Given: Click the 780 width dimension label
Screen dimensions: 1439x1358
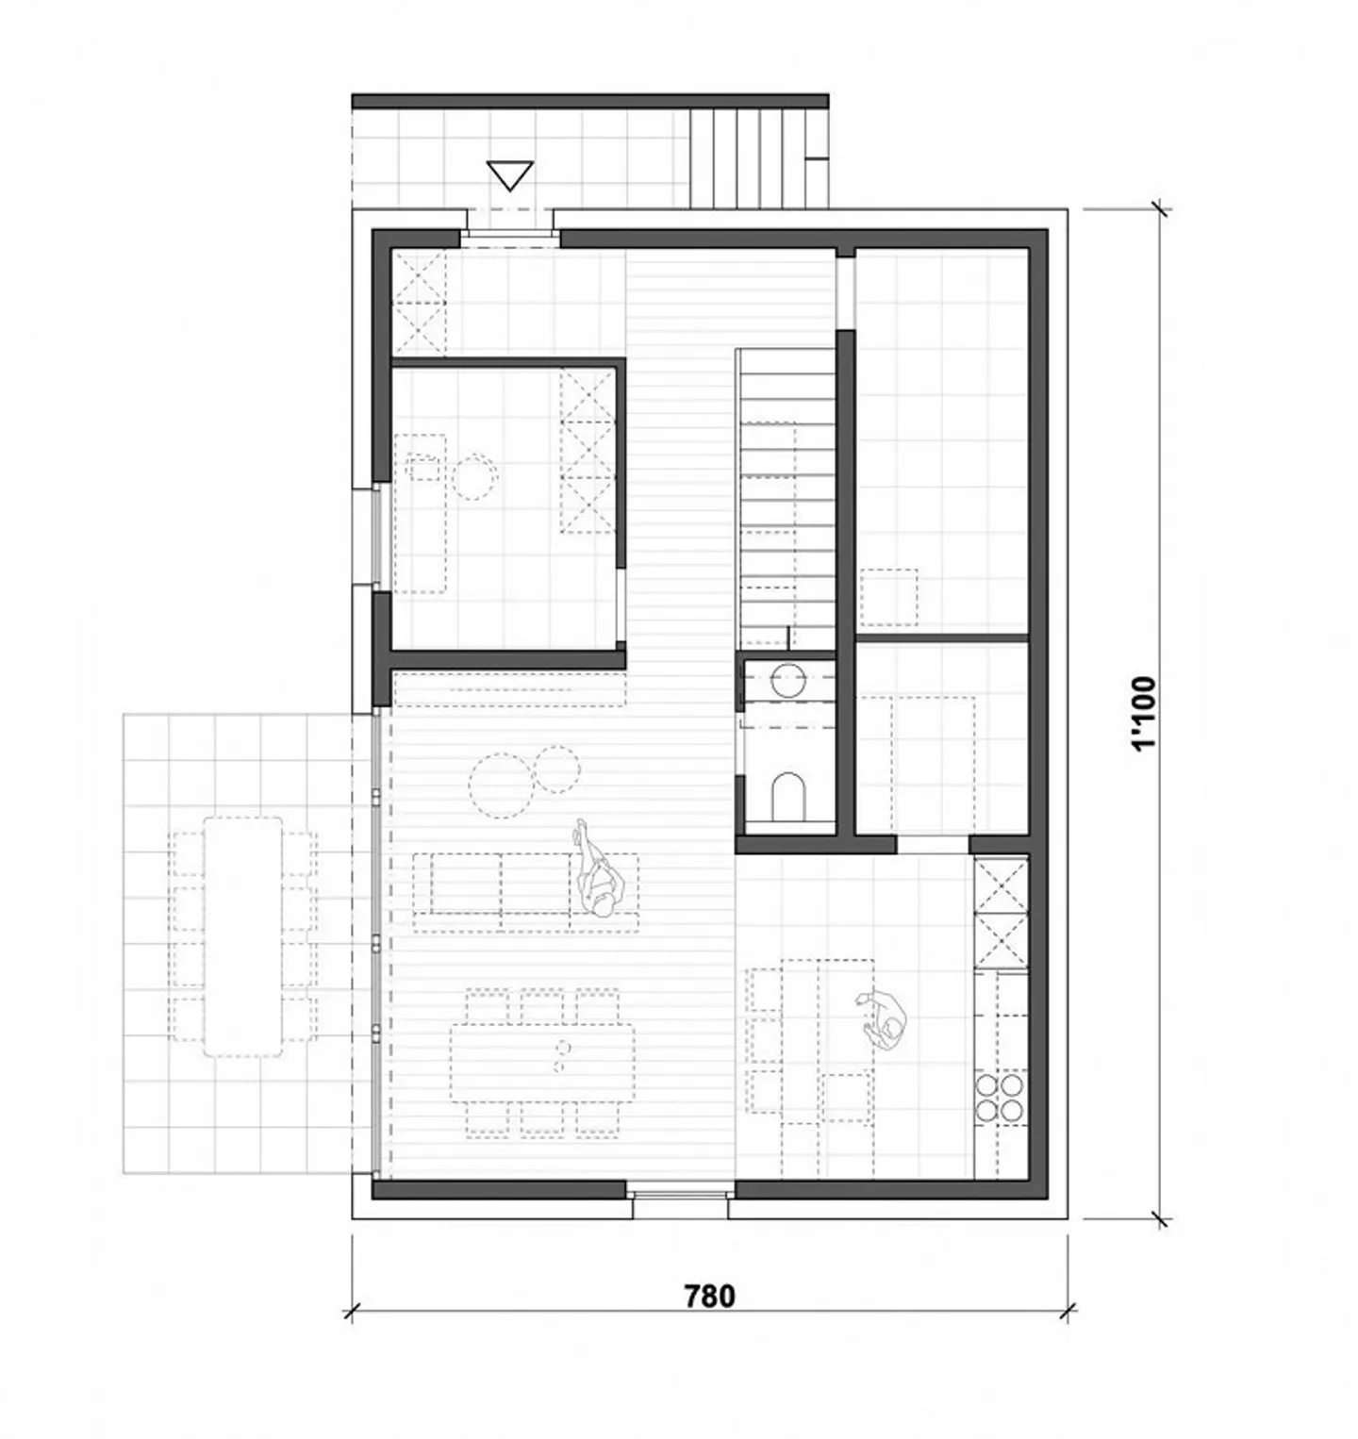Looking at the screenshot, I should click(x=708, y=1297).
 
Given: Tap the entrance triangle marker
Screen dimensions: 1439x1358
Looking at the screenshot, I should click(x=510, y=175).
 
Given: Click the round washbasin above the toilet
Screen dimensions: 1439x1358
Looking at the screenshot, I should click(x=788, y=679).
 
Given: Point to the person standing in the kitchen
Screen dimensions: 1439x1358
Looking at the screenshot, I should click(x=886, y=1020).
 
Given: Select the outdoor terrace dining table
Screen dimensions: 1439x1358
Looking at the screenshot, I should click(x=244, y=936).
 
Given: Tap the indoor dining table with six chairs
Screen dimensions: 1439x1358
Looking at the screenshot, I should click(x=542, y=1061).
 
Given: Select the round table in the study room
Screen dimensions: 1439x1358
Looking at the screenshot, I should click(x=474, y=476).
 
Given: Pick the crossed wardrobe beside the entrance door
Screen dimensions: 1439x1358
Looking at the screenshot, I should click(x=418, y=303).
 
